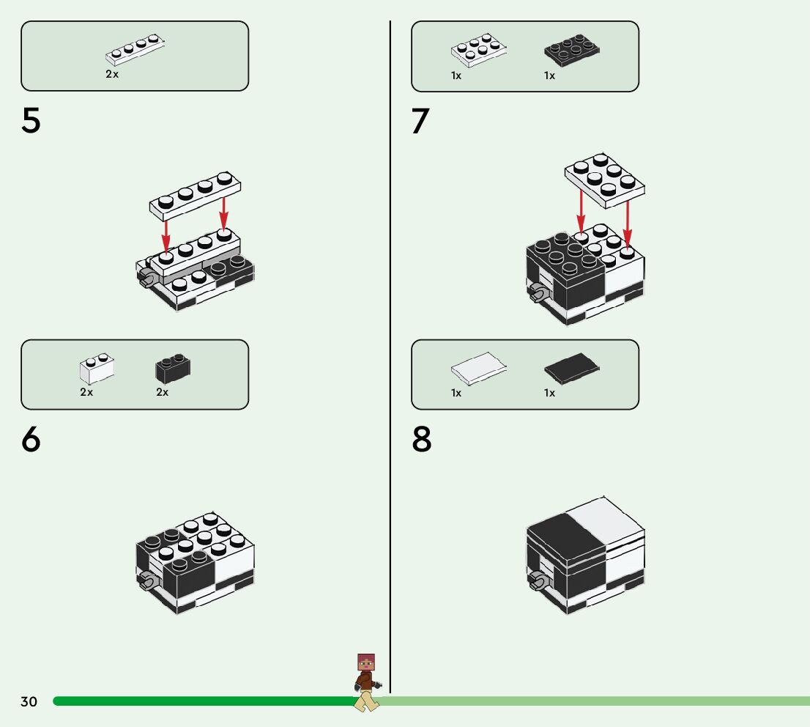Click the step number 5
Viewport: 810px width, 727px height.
tap(31, 122)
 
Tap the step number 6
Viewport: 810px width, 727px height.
tap(31, 440)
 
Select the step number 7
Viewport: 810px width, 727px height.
tap(420, 122)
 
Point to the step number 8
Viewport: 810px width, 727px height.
tap(422, 440)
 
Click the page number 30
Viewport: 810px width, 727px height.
tap(29, 702)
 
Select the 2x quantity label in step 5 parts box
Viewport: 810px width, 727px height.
tap(112, 75)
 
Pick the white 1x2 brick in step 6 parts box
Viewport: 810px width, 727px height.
tap(97, 369)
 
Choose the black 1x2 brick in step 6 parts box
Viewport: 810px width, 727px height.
tap(173, 369)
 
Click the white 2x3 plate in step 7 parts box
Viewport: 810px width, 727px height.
tap(479, 50)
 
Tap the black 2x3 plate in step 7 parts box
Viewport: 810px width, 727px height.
tap(572, 50)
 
